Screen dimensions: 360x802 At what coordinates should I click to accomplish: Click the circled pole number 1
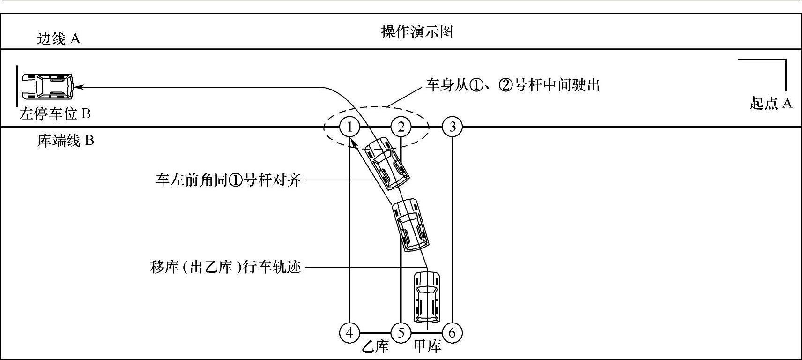[349, 127]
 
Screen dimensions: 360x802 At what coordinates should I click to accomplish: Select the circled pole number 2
[401, 127]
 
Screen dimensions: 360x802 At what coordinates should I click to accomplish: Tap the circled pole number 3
[453, 127]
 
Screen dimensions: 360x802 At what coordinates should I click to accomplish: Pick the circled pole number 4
[349, 333]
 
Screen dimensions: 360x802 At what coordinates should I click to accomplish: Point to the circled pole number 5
[401, 333]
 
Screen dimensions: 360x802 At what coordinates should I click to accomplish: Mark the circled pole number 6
[453, 333]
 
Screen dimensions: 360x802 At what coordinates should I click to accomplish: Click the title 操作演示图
[417, 32]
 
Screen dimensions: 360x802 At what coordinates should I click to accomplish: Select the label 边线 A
[59, 38]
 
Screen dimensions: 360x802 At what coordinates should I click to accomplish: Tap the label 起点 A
[771, 103]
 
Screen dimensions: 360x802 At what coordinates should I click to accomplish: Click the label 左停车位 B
[55, 114]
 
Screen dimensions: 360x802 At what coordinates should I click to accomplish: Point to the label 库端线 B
[66, 141]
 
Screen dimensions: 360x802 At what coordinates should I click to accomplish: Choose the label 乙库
[375, 347]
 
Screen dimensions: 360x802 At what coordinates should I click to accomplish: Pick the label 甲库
[427, 347]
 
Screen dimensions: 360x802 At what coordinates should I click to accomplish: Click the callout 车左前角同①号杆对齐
[228, 180]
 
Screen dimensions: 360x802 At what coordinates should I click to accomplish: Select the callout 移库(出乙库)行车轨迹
[225, 268]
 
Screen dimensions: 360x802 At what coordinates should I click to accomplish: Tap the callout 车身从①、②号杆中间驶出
[512, 85]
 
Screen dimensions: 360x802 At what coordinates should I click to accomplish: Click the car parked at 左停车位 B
[47, 86]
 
